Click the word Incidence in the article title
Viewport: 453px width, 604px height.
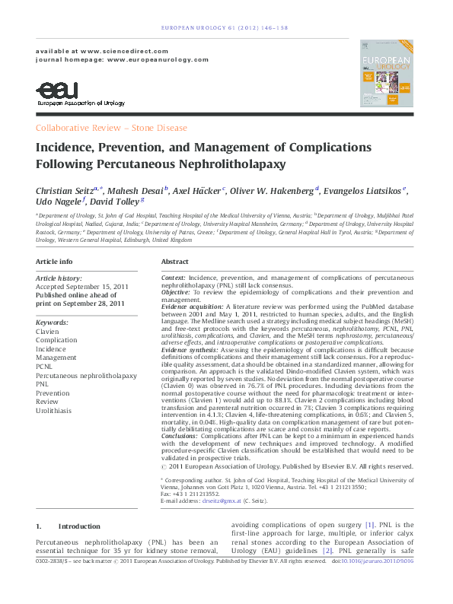pos(69,147)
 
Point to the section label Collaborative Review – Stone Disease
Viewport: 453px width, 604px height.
pos(111,128)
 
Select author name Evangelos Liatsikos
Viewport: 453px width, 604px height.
pos(365,190)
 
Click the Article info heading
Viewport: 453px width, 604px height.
pos(55,261)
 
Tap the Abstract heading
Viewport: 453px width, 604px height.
pos(175,261)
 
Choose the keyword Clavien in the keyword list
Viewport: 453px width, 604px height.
pos(48,332)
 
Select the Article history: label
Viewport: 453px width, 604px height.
pos(59,278)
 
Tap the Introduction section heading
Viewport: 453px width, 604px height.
pos(79,526)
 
